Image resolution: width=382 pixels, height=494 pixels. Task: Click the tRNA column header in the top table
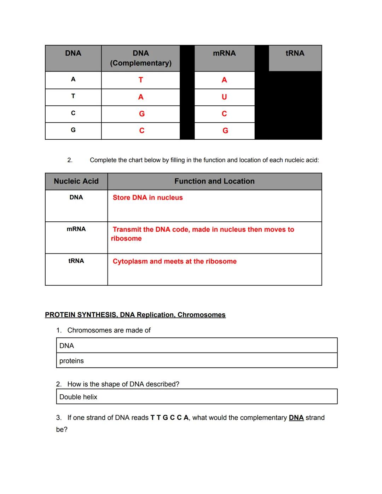[x=295, y=53]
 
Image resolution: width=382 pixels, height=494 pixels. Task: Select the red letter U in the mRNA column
[x=224, y=97]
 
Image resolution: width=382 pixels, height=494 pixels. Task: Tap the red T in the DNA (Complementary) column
[x=141, y=80]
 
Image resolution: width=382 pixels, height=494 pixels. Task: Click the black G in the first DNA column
[x=73, y=130]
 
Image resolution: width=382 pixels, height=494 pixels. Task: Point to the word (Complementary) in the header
[x=141, y=63]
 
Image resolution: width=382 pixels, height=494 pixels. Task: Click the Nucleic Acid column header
[x=76, y=181]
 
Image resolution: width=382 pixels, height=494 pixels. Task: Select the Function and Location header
[x=214, y=181]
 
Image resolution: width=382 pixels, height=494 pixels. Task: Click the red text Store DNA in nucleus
[x=147, y=198]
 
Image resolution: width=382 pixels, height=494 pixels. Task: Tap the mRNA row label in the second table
[x=76, y=229]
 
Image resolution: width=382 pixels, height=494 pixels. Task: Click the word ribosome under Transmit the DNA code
[x=126, y=239]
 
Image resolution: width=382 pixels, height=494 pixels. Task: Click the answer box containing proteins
[x=197, y=361]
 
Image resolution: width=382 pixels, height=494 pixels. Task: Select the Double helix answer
[x=78, y=397]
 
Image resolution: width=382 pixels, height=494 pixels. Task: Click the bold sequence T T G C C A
[x=169, y=418]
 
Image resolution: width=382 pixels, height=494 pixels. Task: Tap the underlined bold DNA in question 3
[x=296, y=418]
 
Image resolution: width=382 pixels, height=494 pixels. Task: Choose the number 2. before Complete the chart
[x=70, y=160]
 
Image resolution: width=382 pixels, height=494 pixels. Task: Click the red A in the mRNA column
[x=224, y=80]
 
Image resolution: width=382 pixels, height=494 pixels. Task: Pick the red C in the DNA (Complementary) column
[x=141, y=131]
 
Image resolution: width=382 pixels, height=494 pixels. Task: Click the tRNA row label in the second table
[x=76, y=261]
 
